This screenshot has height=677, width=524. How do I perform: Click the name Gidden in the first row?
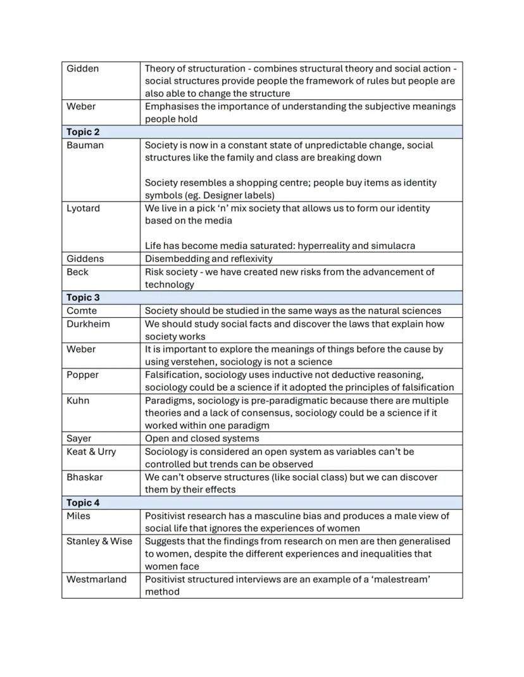point(82,68)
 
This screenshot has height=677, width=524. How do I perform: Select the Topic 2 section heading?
point(83,132)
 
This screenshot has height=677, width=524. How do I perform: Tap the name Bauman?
point(85,145)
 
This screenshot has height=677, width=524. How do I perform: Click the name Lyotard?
point(83,208)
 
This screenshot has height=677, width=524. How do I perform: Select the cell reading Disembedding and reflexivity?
point(208,259)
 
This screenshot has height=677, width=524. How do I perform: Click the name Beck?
point(77,272)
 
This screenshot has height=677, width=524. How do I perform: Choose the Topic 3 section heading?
point(83,297)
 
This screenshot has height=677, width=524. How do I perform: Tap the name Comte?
point(82,310)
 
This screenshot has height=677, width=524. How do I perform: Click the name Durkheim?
point(88,324)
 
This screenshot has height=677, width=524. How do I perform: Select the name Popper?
point(82,374)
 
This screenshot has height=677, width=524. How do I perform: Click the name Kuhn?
point(78,400)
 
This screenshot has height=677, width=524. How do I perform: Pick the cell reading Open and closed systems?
point(202,438)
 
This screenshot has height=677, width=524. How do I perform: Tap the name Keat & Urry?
point(91,451)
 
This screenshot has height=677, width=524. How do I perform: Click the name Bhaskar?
point(84,477)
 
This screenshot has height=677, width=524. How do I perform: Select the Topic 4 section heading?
point(83,503)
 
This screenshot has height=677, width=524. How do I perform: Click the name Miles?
point(78,516)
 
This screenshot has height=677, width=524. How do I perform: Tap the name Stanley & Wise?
point(99,541)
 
